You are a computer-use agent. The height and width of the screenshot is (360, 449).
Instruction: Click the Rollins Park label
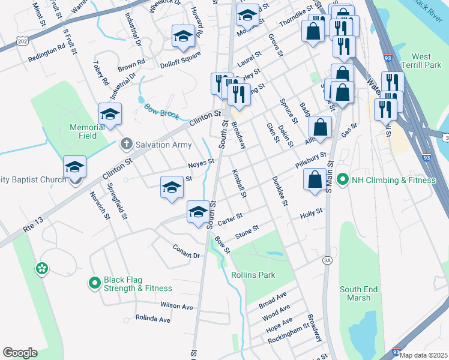pos(253,275)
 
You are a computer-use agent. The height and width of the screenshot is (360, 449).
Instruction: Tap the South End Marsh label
pos(358,293)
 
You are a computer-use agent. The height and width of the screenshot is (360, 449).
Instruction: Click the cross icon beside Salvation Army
pos(126,144)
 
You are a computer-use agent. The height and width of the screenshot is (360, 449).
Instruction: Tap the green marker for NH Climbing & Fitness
pos(342,179)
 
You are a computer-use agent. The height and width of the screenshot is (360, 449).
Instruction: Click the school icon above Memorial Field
pos(110,115)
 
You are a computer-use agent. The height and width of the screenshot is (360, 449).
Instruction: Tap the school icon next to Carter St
pos(199,212)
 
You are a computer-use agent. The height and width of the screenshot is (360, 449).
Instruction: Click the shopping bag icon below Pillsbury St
pos(315,179)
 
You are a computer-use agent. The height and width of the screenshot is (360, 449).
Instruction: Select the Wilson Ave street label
pos(176,306)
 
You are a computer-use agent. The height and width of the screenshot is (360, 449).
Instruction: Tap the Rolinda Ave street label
pos(152,318)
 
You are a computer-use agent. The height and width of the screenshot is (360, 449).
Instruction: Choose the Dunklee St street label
pos(277,191)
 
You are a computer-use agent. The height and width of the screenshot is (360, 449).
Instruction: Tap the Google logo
pos(20,353)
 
